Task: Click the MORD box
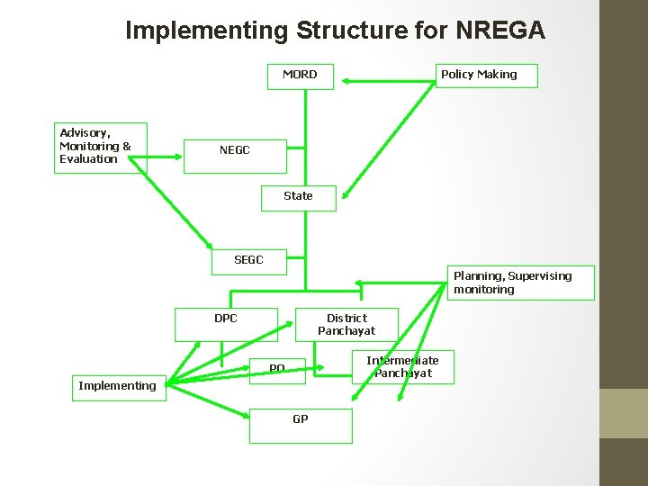point(301,76)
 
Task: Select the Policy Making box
point(486,76)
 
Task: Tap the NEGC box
point(235,155)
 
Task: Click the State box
point(298,197)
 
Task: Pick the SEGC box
point(248,261)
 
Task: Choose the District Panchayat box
point(346,324)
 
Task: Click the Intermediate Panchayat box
point(402,366)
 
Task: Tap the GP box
point(301,425)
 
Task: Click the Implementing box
point(118,386)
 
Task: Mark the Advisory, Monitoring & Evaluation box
point(95,147)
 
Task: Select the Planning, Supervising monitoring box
point(520,283)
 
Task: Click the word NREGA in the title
point(500,31)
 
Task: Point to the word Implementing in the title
point(206,31)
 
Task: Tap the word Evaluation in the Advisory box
point(88,159)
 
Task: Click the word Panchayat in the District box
point(346,331)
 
